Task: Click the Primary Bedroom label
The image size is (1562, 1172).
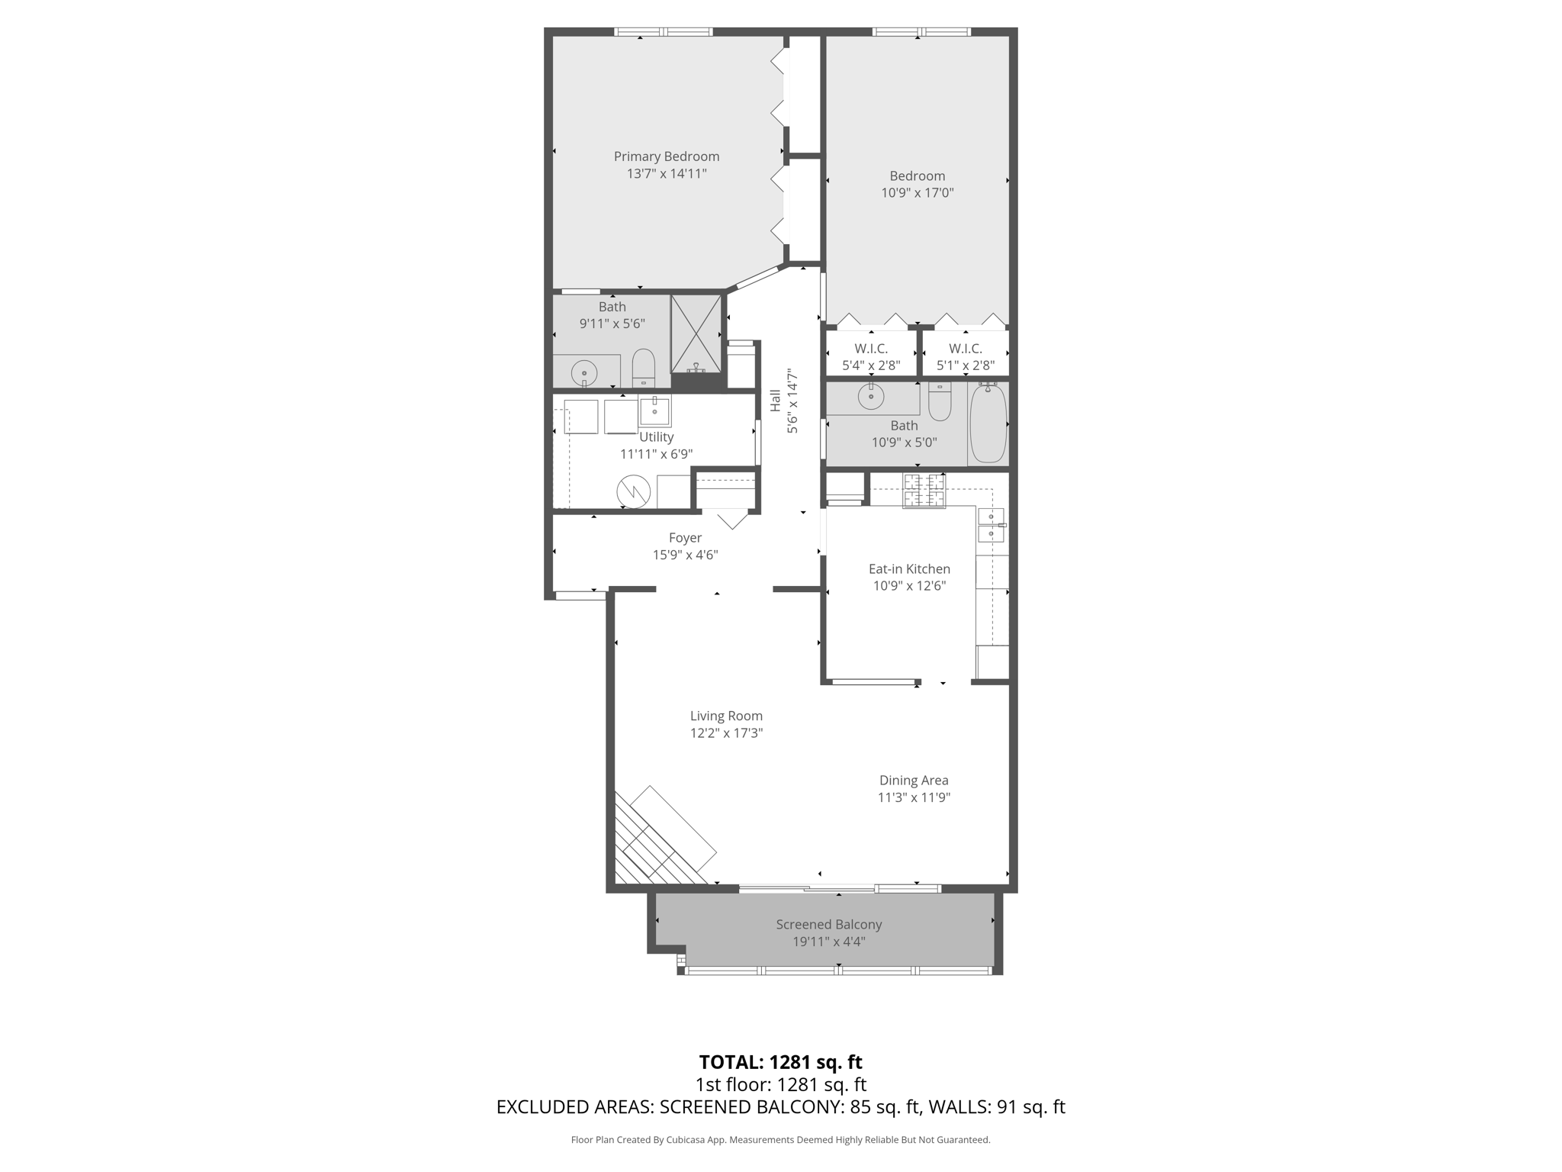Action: (x=667, y=156)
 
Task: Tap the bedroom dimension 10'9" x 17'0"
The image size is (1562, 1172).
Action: (x=918, y=193)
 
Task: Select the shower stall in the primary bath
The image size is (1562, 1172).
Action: (x=696, y=333)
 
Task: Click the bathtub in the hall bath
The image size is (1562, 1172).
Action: (x=988, y=423)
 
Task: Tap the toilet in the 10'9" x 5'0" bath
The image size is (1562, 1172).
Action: (x=940, y=401)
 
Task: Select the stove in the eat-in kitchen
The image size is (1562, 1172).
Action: (x=924, y=491)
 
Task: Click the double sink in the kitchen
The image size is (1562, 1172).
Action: (x=992, y=525)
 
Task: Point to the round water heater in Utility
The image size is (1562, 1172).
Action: (x=634, y=491)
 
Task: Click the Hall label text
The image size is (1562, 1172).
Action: (x=776, y=401)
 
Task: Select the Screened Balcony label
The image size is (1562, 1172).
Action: (x=829, y=925)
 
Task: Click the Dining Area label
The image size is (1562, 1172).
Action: (x=914, y=781)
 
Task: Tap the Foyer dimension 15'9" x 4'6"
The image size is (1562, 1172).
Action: (x=685, y=555)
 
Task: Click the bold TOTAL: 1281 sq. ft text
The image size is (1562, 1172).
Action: (x=780, y=1062)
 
